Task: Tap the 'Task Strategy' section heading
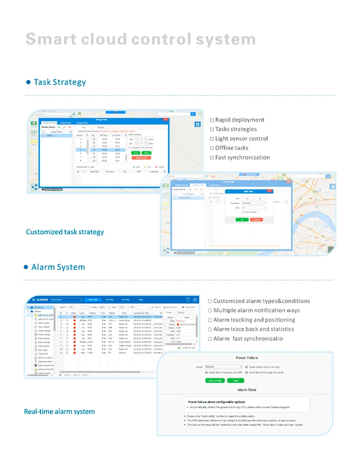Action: tap(60, 82)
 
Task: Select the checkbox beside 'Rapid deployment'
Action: tap(212, 120)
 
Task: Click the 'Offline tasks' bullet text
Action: tap(232, 148)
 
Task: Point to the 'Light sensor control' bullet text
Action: tap(241, 139)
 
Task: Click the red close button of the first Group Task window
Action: tap(166, 119)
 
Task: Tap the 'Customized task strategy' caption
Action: tap(65, 232)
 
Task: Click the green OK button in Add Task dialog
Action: tap(242, 219)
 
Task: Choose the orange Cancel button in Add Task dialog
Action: tap(256, 219)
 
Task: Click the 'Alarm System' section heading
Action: tap(58, 267)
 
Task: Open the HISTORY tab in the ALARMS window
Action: tap(110, 299)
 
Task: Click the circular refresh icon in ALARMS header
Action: tap(188, 299)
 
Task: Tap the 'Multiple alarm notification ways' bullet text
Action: tap(256, 311)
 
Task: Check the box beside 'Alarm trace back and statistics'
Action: tap(210, 329)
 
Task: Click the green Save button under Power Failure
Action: tap(235, 380)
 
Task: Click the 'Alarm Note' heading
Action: tap(247, 390)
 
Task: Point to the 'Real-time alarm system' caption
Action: tap(60, 411)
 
